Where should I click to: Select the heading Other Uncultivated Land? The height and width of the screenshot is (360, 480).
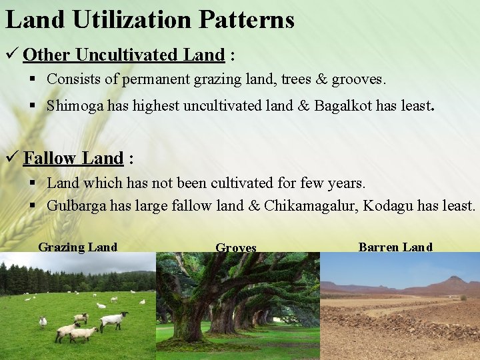(x=123, y=54)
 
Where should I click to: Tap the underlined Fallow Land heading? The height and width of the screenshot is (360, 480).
(x=73, y=158)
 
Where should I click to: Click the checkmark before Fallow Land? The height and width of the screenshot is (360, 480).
(x=11, y=158)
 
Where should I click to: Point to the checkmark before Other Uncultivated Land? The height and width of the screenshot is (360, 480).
(x=11, y=54)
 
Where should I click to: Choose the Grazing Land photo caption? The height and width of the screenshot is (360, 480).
(x=77, y=247)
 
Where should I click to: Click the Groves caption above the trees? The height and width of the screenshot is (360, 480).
(x=236, y=248)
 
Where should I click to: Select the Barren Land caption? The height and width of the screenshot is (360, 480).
(x=395, y=247)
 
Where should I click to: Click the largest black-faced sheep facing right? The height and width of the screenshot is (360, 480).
(x=114, y=320)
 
